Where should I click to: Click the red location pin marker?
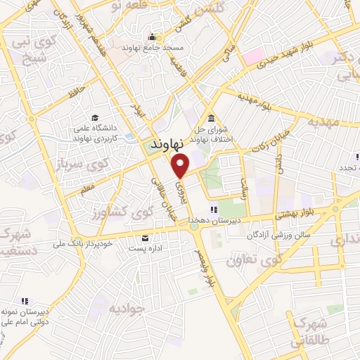pyautogui.click(x=181, y=167)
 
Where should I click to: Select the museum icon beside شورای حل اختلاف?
pyautogui.click(x=210, y=117)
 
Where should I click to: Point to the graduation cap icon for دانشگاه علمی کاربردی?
pyautogui.click(x=94, y=118)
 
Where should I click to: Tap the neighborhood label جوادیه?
pyautogui.click(x=126, y=308)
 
